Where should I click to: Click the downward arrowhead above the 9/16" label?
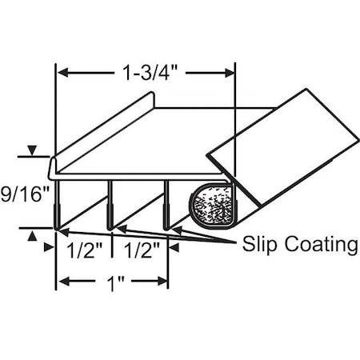pos(32,151)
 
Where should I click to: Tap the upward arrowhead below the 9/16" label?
pos(32,234)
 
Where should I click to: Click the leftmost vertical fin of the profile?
pos(56,204)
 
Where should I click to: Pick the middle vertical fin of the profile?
pos(110,204)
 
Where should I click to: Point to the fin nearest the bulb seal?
pos(166,204)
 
